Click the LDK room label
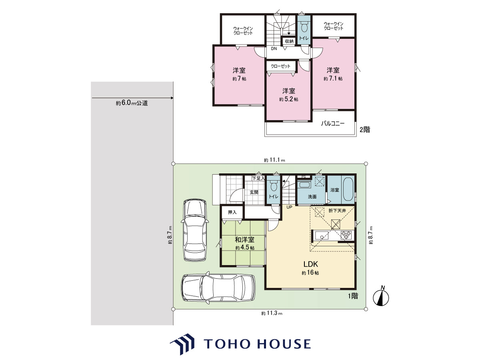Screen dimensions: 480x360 (310, 264)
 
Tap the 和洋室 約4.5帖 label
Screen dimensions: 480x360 (245, 243)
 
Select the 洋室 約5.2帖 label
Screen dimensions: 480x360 (289, 95)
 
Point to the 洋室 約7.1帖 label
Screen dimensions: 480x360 (333, 74)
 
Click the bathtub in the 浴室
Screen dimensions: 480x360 (348, 189)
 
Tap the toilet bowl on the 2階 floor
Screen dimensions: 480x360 (304, 28)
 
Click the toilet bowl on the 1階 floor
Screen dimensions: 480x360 (274, 186)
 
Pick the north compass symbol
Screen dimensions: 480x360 (381, 298)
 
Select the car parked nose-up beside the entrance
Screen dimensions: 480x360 (195, 230)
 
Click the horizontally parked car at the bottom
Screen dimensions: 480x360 (218, 288)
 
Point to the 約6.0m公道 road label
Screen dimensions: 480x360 (132, 103)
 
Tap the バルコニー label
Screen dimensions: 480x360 (333, 124)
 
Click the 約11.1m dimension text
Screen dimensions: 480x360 (274, 160)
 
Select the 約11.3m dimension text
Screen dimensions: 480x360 (272, 313)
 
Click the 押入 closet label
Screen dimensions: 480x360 (232, 212)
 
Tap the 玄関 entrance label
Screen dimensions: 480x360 (254, 192)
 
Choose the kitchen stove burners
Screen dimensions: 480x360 (346, 235)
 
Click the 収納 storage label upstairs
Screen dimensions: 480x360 (289, 41)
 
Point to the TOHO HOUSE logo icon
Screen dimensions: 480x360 (182, 344)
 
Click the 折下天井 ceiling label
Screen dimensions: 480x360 (337, 211)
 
